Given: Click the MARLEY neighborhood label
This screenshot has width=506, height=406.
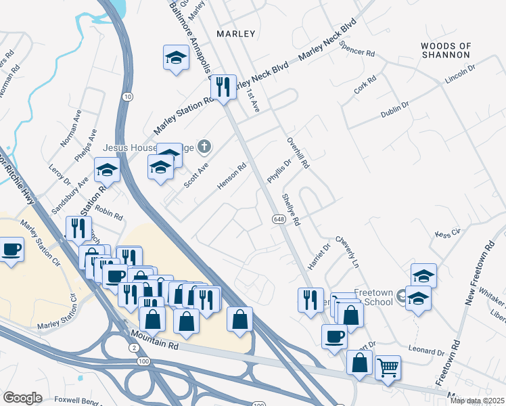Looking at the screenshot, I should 236,33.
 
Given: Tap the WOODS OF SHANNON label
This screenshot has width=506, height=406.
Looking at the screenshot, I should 446,50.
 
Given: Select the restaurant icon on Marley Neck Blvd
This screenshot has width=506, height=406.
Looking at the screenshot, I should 223,87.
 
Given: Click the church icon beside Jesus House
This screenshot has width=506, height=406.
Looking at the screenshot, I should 205,146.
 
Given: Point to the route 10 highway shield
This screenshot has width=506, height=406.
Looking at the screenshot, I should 127,97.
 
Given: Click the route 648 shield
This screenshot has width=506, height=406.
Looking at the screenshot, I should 279,219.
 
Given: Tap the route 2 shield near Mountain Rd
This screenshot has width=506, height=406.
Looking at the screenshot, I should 133,346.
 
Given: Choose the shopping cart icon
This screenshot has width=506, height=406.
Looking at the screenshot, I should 387,369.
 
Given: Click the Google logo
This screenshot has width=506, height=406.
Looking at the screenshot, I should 23,398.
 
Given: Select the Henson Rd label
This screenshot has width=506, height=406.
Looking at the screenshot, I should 231,177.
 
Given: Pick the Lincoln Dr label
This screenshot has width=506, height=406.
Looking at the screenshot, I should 460,74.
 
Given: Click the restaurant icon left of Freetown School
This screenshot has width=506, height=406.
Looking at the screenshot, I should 310,299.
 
